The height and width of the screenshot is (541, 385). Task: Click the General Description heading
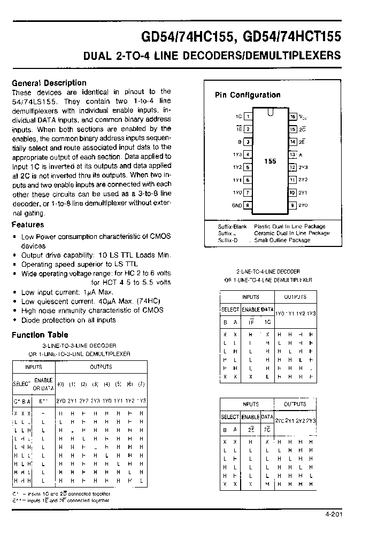click(49, 83)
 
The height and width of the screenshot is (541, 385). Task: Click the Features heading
click(28, 225)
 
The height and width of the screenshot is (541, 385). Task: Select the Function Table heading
click(40, 335)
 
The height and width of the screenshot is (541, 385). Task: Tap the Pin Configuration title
click(248, 95)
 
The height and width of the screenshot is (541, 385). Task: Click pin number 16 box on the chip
click(292, 116)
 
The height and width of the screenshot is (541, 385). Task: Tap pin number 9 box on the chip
click(292, 205)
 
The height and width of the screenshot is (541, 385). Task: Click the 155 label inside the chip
click(271, 161)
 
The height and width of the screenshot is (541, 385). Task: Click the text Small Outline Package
click(282, 240)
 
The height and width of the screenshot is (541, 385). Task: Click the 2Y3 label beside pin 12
click(303, 167)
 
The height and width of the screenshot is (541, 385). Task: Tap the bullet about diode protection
click(68, 320)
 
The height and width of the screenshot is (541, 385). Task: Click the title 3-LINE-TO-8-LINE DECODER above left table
click(79, 346)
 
